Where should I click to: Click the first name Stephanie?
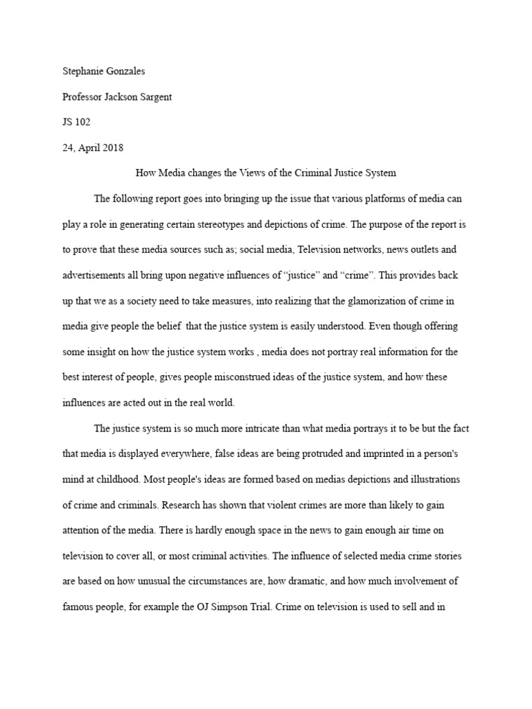tap(76, 71)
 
